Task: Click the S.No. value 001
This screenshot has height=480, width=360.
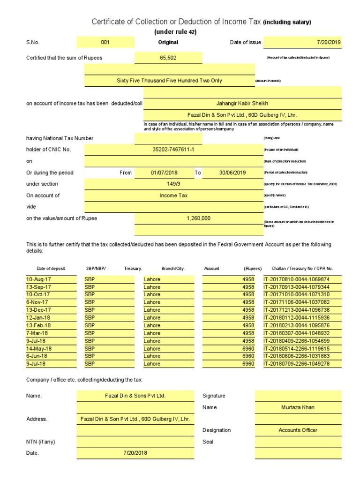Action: point(105,43)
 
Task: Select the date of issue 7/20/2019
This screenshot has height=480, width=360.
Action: point(329,43)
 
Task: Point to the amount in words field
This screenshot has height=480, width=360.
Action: point(169,81)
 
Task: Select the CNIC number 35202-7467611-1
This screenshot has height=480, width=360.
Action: point(173,150)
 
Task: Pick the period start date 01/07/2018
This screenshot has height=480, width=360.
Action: point(164,172)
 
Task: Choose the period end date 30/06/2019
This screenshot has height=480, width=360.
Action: point(232,172)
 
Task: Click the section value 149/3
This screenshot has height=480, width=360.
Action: point(173,184)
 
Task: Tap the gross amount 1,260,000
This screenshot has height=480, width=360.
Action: point(198,218)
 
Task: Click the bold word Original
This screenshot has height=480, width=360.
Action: point(168,43)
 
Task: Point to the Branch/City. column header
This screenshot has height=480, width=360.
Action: point(173,269)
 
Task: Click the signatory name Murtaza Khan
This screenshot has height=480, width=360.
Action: point(298,407)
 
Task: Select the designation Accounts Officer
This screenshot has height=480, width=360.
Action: point(298,430)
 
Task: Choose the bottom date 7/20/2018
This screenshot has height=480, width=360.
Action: point(135,453)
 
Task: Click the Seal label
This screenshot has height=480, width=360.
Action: point(208,442)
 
